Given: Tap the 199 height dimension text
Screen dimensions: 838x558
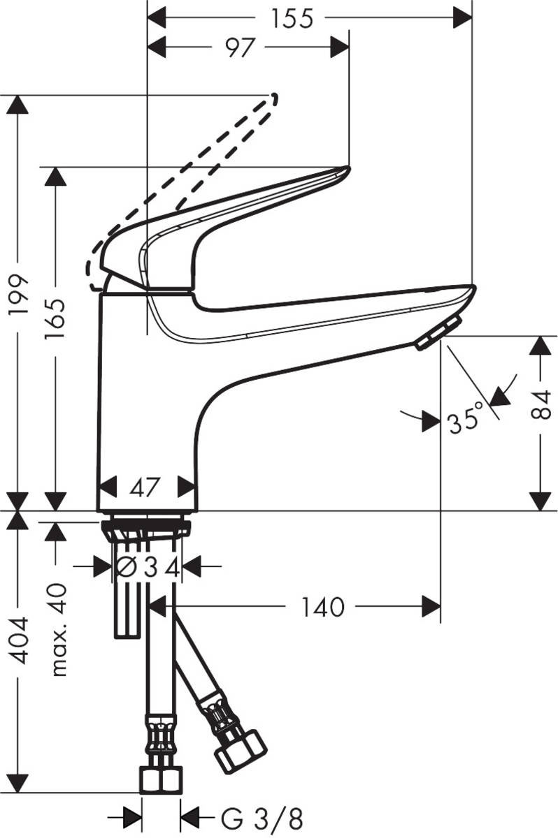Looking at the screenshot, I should click(19, 296).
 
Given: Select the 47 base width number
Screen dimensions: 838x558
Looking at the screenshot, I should click(146, 486).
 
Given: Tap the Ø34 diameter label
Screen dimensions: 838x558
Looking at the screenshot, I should click(148, 567).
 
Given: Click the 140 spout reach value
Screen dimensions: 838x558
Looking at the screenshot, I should click(323, 607).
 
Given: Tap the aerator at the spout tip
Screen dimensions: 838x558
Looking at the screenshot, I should click(438, 332).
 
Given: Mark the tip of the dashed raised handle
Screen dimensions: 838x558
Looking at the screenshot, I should click(273, 98).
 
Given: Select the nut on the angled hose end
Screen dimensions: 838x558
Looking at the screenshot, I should click(240, 751).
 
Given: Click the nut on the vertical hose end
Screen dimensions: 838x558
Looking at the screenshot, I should click(161, 779).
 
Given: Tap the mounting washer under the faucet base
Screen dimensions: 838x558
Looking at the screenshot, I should click(146, 525).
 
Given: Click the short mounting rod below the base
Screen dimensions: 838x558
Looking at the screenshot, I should click(127, 608).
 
